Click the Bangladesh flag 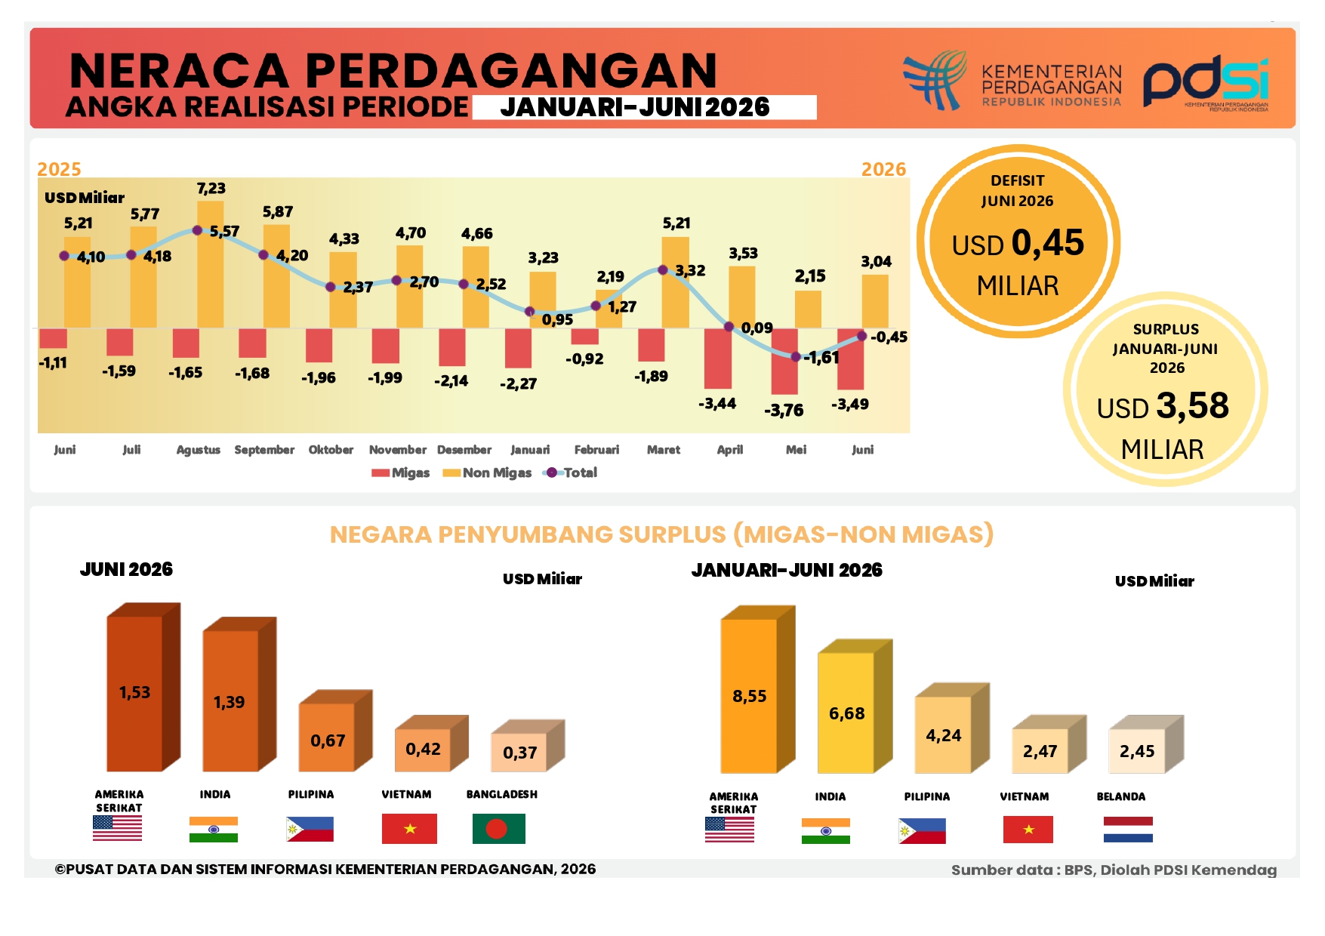pos(498,828)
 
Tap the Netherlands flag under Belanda pos(1128,829)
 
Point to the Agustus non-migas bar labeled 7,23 pos(211,264)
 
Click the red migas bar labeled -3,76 pos(784,361)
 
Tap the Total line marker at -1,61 pos(795,356)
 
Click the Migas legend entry pos(400,473)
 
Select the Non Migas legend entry pos(487,473)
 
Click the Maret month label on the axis pos(664,450)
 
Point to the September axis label pos(264,450)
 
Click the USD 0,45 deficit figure pos(1018,243)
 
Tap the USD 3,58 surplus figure pos(1163,406)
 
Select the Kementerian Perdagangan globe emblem pos(935,80)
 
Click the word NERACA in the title pos(179,71)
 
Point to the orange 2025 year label pos(59,169)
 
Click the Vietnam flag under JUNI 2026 pos(409,828)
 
